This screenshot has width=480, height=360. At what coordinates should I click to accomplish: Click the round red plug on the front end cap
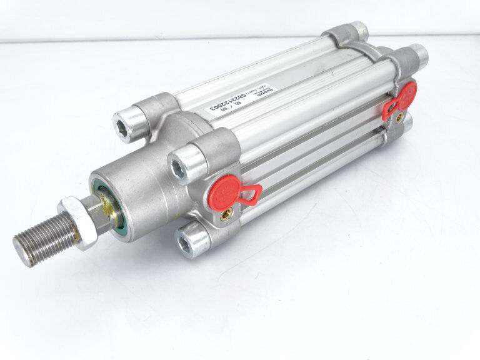pyautogui.click(x=224, y=191)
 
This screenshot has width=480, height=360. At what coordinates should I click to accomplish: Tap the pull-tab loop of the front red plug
pyautogui.click(x=250, y=196)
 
